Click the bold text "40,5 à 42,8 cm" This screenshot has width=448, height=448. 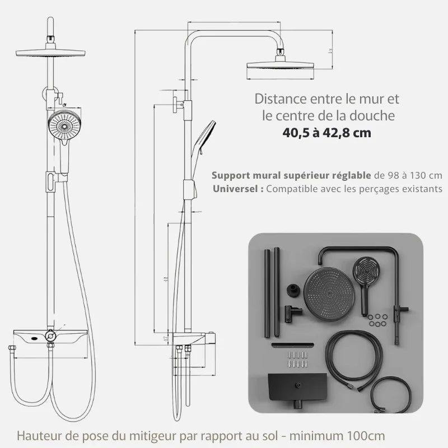(327, 133)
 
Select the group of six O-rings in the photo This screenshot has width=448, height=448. (379, 321)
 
